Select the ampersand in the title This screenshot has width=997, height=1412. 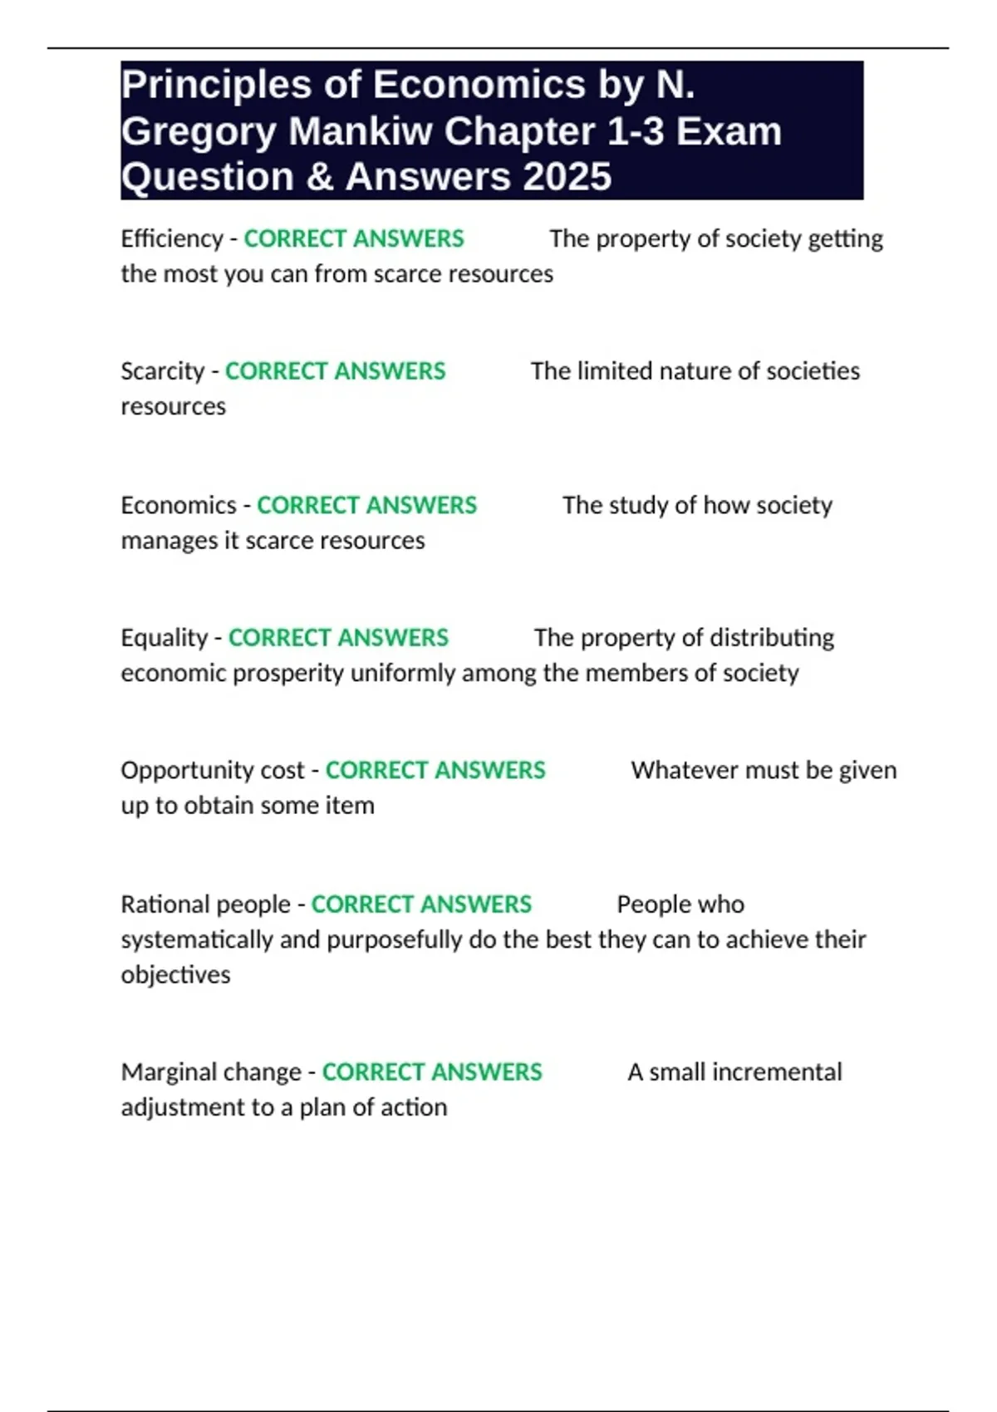click(x=320, y=177)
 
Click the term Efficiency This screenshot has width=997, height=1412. click(x=171, y=238)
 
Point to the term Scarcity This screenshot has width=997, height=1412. click(x=162, y=371)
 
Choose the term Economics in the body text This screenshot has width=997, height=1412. click(x=179, y=505)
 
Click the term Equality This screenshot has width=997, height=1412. click(x=164, y=638)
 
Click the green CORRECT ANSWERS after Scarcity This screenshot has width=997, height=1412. click(x=335, y=371)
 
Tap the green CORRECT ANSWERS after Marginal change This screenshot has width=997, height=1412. click(x=432, y=1072)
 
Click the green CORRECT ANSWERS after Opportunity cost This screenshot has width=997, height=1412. click(x=435, y=771)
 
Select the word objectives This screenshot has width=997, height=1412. click(x=175, y=974)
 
